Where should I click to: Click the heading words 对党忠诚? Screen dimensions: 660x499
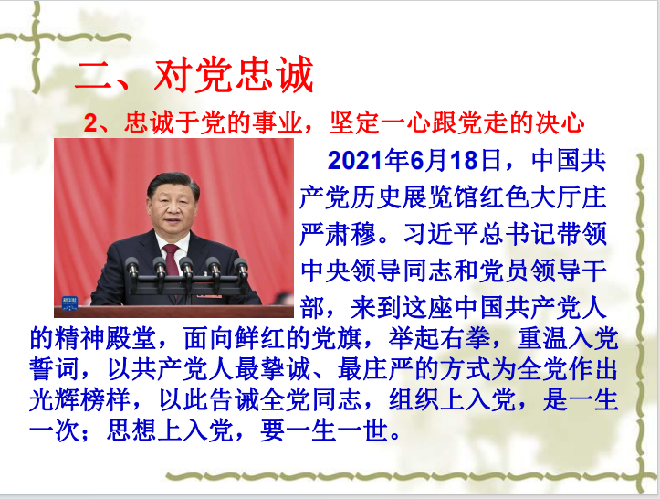point(234,75)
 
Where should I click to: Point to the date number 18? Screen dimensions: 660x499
point(464,161)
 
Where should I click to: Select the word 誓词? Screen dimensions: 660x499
point(54,369)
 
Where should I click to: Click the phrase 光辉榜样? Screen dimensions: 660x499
point(80,400)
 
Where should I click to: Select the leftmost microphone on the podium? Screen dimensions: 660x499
point(132,271)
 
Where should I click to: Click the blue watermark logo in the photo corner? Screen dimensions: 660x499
point(70,303)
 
